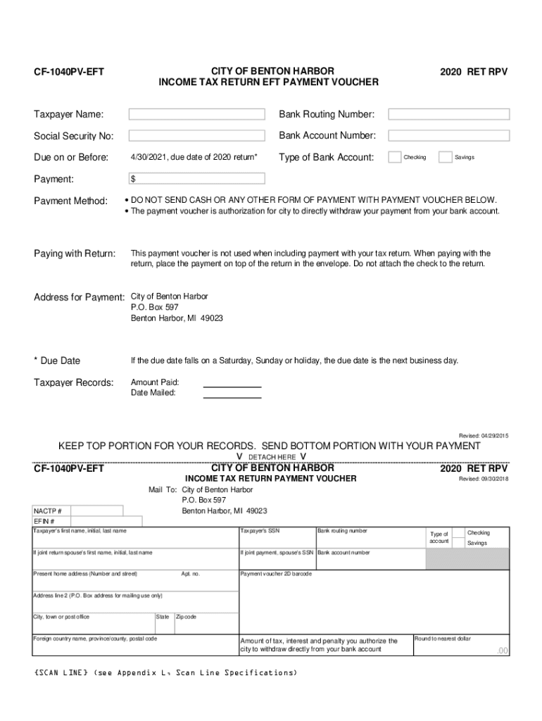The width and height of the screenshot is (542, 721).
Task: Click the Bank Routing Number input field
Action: (x=448, y=114)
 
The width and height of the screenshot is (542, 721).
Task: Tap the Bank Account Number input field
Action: (x=448, y=135)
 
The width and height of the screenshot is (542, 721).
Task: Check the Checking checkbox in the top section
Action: (x=395, y=157)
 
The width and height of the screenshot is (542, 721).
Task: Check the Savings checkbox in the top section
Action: (x=445, y=157)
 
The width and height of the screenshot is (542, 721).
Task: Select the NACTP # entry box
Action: (x=96, y=510)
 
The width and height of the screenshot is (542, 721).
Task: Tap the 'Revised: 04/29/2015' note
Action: (x=483, y=436)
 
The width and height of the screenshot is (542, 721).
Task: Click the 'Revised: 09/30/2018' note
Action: (x=483, y=479)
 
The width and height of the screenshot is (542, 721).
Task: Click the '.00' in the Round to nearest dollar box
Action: (x=501, y=651)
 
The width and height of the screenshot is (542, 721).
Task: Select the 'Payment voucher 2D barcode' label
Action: (x=276, y=574)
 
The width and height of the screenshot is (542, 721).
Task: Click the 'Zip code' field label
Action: (x=186, y=617)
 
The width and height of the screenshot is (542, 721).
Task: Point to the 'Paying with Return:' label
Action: (x=75, y=253)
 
